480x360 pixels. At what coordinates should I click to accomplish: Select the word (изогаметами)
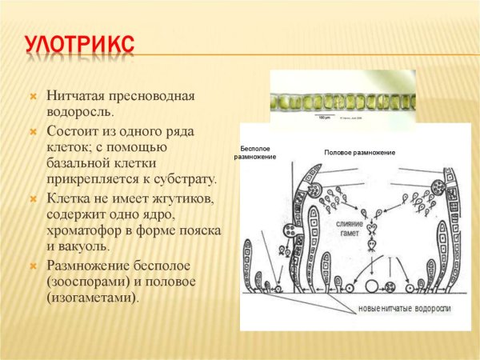[93, 298]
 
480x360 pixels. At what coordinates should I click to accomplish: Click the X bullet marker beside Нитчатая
[34, 97]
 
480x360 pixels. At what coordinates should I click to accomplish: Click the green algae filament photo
[340, 102]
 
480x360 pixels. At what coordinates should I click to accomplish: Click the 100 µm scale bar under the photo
[324, 118]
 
